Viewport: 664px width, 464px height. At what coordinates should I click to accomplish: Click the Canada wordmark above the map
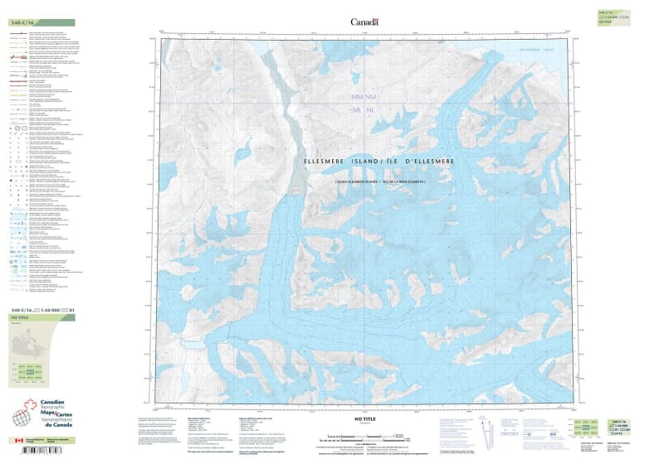[x=363, y=22]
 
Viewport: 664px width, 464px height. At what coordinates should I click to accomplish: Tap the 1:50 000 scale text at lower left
[x=49, y=310]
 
